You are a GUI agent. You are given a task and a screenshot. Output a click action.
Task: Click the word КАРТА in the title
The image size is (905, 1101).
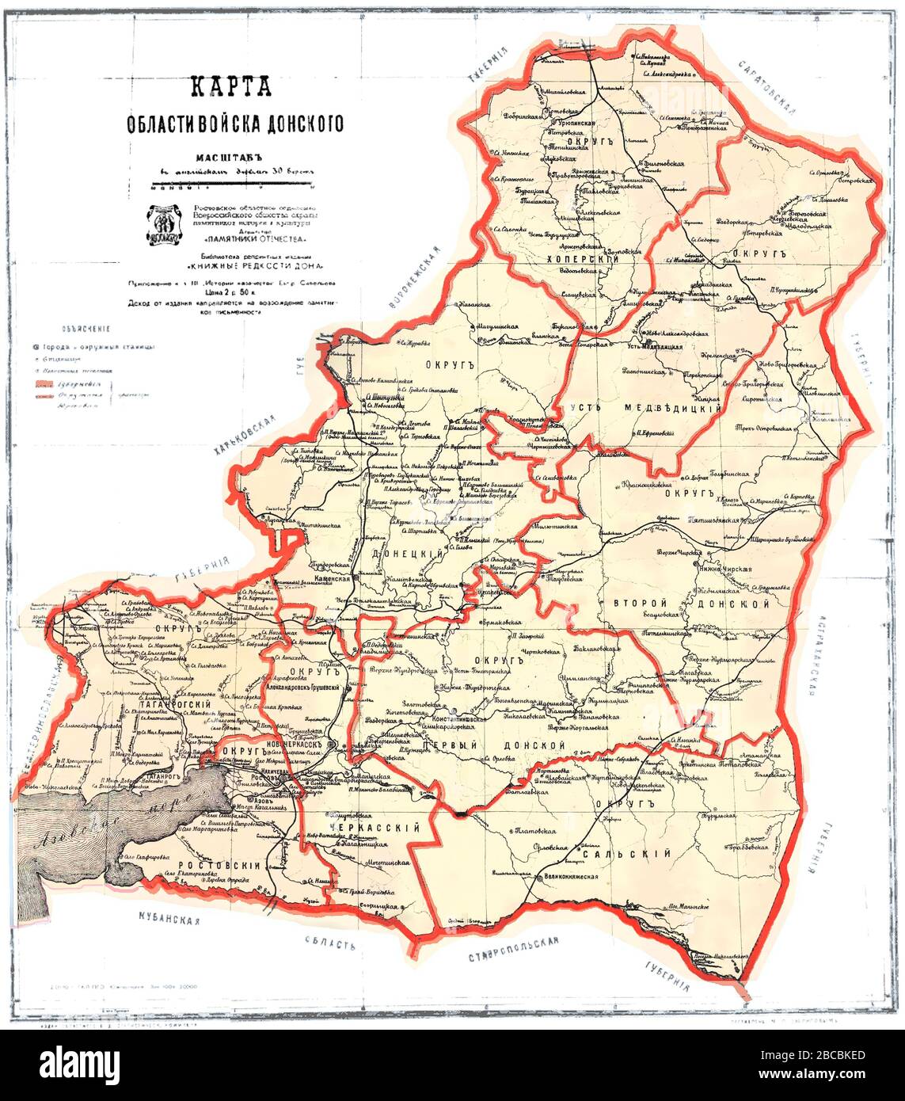pyautogui.click(x=234, y=86)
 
